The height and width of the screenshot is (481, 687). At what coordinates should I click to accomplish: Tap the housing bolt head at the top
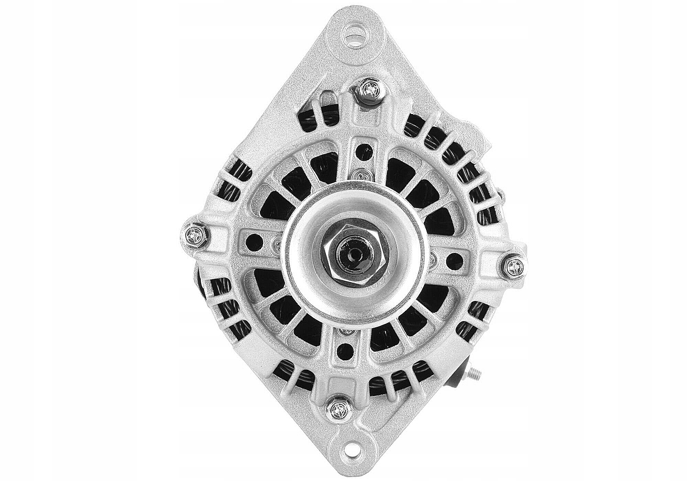tap(370, 91)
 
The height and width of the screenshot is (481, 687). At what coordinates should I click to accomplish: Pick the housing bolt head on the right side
tap(514, 267)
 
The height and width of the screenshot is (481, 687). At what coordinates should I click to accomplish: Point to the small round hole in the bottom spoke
tap(343, 351)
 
